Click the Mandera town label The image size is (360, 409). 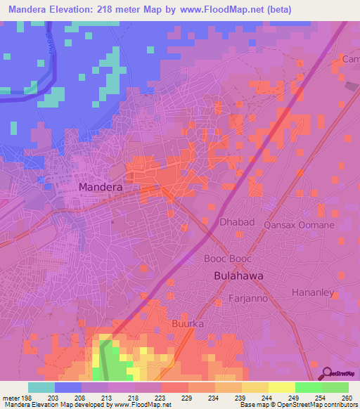(101, 188)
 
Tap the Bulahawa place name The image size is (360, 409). (238, 276)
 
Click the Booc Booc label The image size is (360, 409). (224, 258)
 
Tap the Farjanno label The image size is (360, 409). (245, 299)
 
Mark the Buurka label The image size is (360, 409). (187, 324)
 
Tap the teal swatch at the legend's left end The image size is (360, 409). (41, 387)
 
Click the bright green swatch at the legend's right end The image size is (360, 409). (335, 387)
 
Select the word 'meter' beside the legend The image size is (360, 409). (11, 397)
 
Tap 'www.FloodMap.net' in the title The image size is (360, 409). (219, 9)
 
